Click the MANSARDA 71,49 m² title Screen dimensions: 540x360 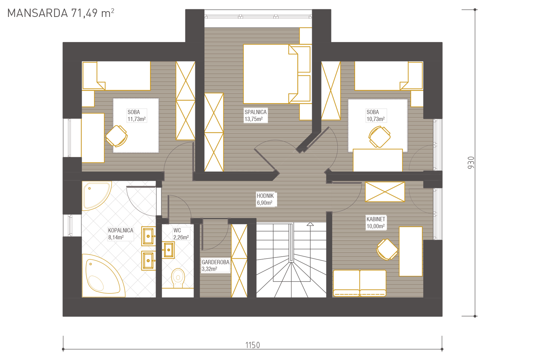[x=60, y=13]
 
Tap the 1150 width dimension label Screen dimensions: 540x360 [x=253, y=345]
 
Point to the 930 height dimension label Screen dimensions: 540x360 [x=471, y=162]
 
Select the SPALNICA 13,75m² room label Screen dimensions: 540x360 [x=256, y=115]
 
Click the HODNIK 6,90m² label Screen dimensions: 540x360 [x=265, y=199]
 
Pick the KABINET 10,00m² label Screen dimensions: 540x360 [x=375, y=222]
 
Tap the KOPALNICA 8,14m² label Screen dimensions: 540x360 [x=121, y=234]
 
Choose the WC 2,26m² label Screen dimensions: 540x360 [x=181, y=234]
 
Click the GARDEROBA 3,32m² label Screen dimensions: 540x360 [x=215, y=265]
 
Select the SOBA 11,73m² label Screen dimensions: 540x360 [x=136, y=115]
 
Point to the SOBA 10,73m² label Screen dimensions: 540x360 [x=375, y=115]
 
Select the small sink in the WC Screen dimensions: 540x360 [x=168, y=250]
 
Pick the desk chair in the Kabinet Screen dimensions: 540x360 [x=387, y=249]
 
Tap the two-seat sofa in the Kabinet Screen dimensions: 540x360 [x=360, y=283]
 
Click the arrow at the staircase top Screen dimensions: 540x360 [x=310, y=224]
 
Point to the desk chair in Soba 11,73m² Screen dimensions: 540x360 [x=117, y=136]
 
